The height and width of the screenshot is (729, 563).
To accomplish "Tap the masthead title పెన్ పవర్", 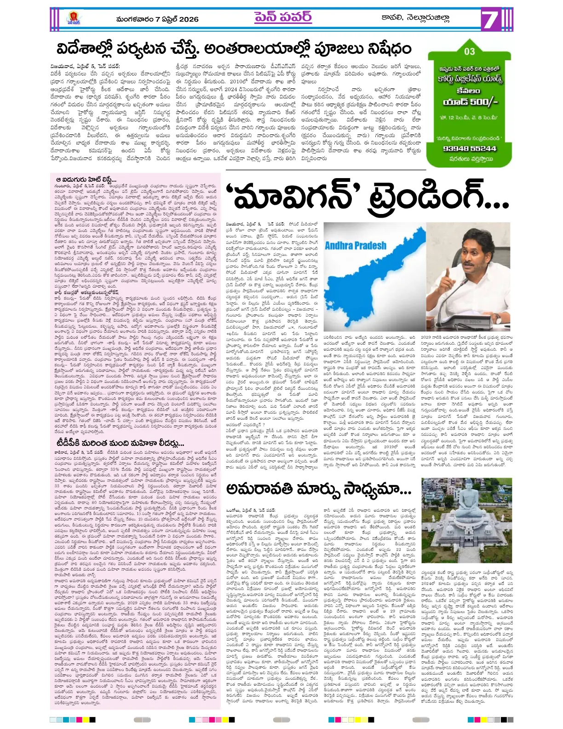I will point(282,17).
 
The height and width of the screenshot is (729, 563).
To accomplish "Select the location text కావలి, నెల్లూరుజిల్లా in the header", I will point(415,18).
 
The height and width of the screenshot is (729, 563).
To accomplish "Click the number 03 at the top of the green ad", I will point(469,52).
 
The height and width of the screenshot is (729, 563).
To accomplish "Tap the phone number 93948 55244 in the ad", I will point(469,148).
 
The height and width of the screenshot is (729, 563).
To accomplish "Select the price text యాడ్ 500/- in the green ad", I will point(470,102).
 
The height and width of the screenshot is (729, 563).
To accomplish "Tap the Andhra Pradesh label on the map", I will point(356,245).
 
